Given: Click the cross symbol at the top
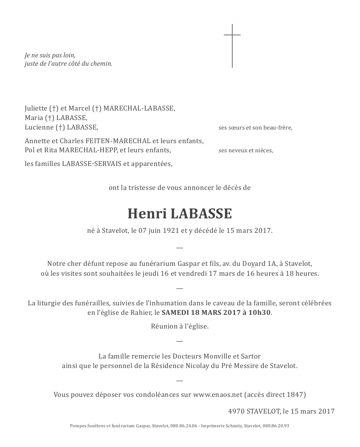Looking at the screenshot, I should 232,46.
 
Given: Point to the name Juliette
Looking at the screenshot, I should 36,108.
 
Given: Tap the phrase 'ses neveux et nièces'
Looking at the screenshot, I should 246,150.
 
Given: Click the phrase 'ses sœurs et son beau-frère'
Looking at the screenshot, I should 255,128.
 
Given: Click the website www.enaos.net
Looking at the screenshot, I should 217,395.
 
